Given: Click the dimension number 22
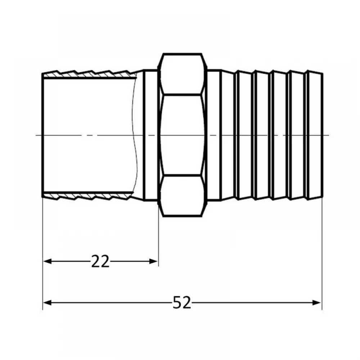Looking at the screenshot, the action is point(100,261).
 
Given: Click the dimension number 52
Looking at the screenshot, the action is point(181,302).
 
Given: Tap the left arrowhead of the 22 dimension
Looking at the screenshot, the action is point(47,261).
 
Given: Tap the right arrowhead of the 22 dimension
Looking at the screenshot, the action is point(153,261).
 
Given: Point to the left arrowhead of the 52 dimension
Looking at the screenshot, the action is point(47,303).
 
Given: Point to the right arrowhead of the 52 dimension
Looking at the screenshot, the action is point(316,303).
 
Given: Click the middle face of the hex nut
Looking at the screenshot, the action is point(182,135).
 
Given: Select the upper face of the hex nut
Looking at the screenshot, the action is point(182,74).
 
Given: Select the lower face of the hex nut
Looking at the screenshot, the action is point(182,196).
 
